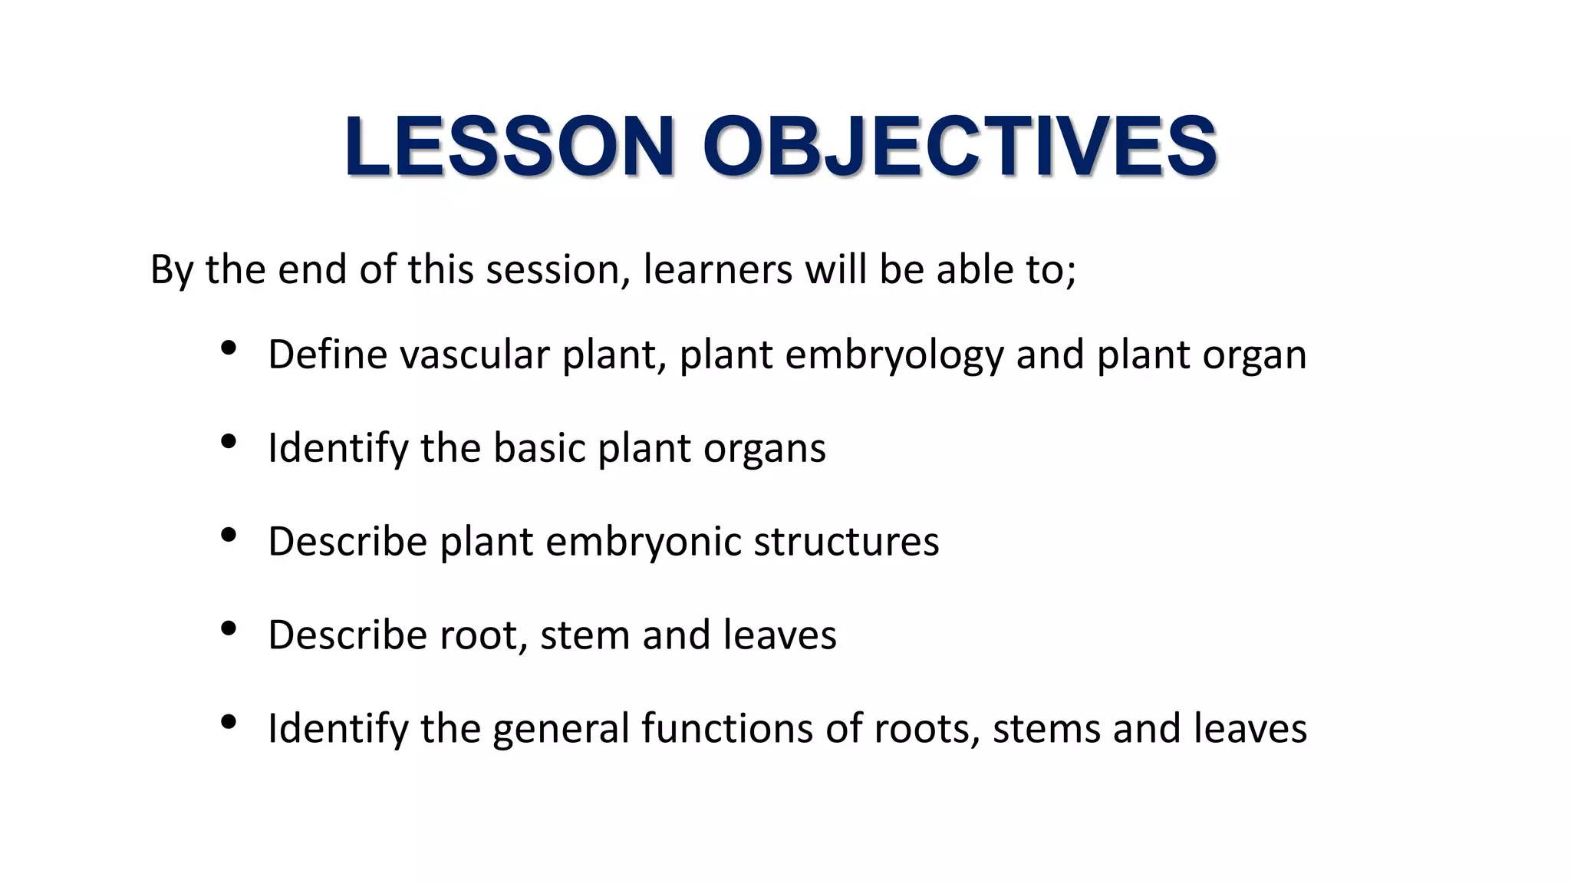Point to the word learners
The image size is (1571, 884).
coord(717,269)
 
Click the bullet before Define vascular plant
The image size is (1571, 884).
coord(228,349)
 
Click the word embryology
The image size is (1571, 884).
coord(894,356)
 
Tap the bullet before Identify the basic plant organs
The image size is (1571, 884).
coord(228,442)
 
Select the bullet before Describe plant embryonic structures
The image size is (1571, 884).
coord(228,536)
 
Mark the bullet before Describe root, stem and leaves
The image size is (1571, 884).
coord(228,629)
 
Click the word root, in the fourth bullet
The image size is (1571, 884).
coord(483,635)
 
